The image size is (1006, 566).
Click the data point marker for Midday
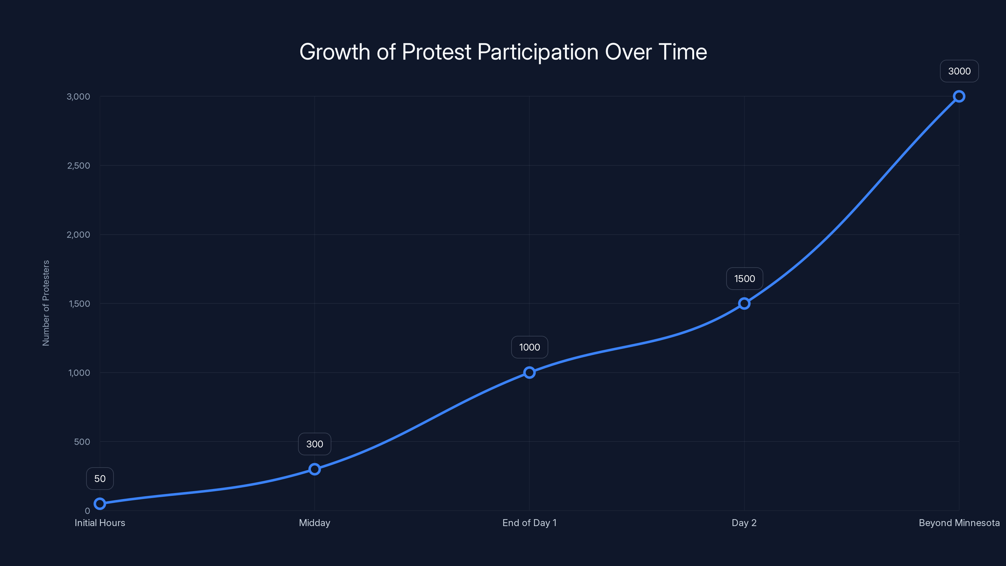[314, 469]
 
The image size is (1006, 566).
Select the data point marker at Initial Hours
[100, 503]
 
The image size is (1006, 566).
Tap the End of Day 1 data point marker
[529, 372]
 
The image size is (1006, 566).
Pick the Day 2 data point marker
[744, 303]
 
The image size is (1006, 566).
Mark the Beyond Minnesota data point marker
[959, 97]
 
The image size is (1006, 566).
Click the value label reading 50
[100, 479]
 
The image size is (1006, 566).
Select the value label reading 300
[314, 444]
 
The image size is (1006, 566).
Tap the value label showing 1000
[529, 347]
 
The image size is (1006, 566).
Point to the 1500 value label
[744, 279]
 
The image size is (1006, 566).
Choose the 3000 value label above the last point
[959, 71]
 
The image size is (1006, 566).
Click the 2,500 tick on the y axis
[79, 166]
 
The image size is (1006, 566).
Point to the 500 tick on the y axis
[82, 442]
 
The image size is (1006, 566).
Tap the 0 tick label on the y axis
[87, 511]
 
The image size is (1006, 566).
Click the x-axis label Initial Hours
[100, 523]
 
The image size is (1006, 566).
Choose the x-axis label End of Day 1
[529, 523]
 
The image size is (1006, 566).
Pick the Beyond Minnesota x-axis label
[959, 523]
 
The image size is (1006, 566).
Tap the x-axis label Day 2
[744, 523]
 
